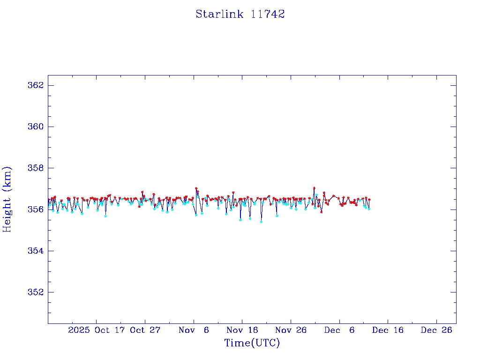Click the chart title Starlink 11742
pyautogui.click(x=240, y=14)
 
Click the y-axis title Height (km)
pyautogui.click(x=7, y=199)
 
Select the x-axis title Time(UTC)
pyautogui.click(x=252, y=343)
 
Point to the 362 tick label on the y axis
pyautogui.click(x=36, y=85)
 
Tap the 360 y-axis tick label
pyautogui.click(x=36, y=127)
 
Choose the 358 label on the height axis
pyautogui.click(x=36, y=168)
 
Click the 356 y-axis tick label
pyautogui.click(x=36, y=209)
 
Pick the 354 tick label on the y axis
pyautogui.click(x=36, y=251)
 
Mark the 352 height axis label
pyautogui.click(x=36, y=292)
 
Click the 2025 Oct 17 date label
pyautogui.click(x=97, y=330)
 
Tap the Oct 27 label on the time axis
pyautogui.click(x=145, y=330)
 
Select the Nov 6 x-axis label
pyautogui.click(x=194, y=330)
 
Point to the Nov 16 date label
pyautogui.click(x=242, y=330)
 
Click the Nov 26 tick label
pyautogui.click(x=291, y=330)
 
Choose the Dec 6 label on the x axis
pyautogui.click(x=339, y=330)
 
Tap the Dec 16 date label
pyautogui.click(x=388, y=330)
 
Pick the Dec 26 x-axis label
pyautogui.click(x=436, y=330)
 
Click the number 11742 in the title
pyautogui.click(x=268, y=14)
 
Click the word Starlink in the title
pyautogui.click(x=219, y=14)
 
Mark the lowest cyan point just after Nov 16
pyautogui.click(x=261, y=222)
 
